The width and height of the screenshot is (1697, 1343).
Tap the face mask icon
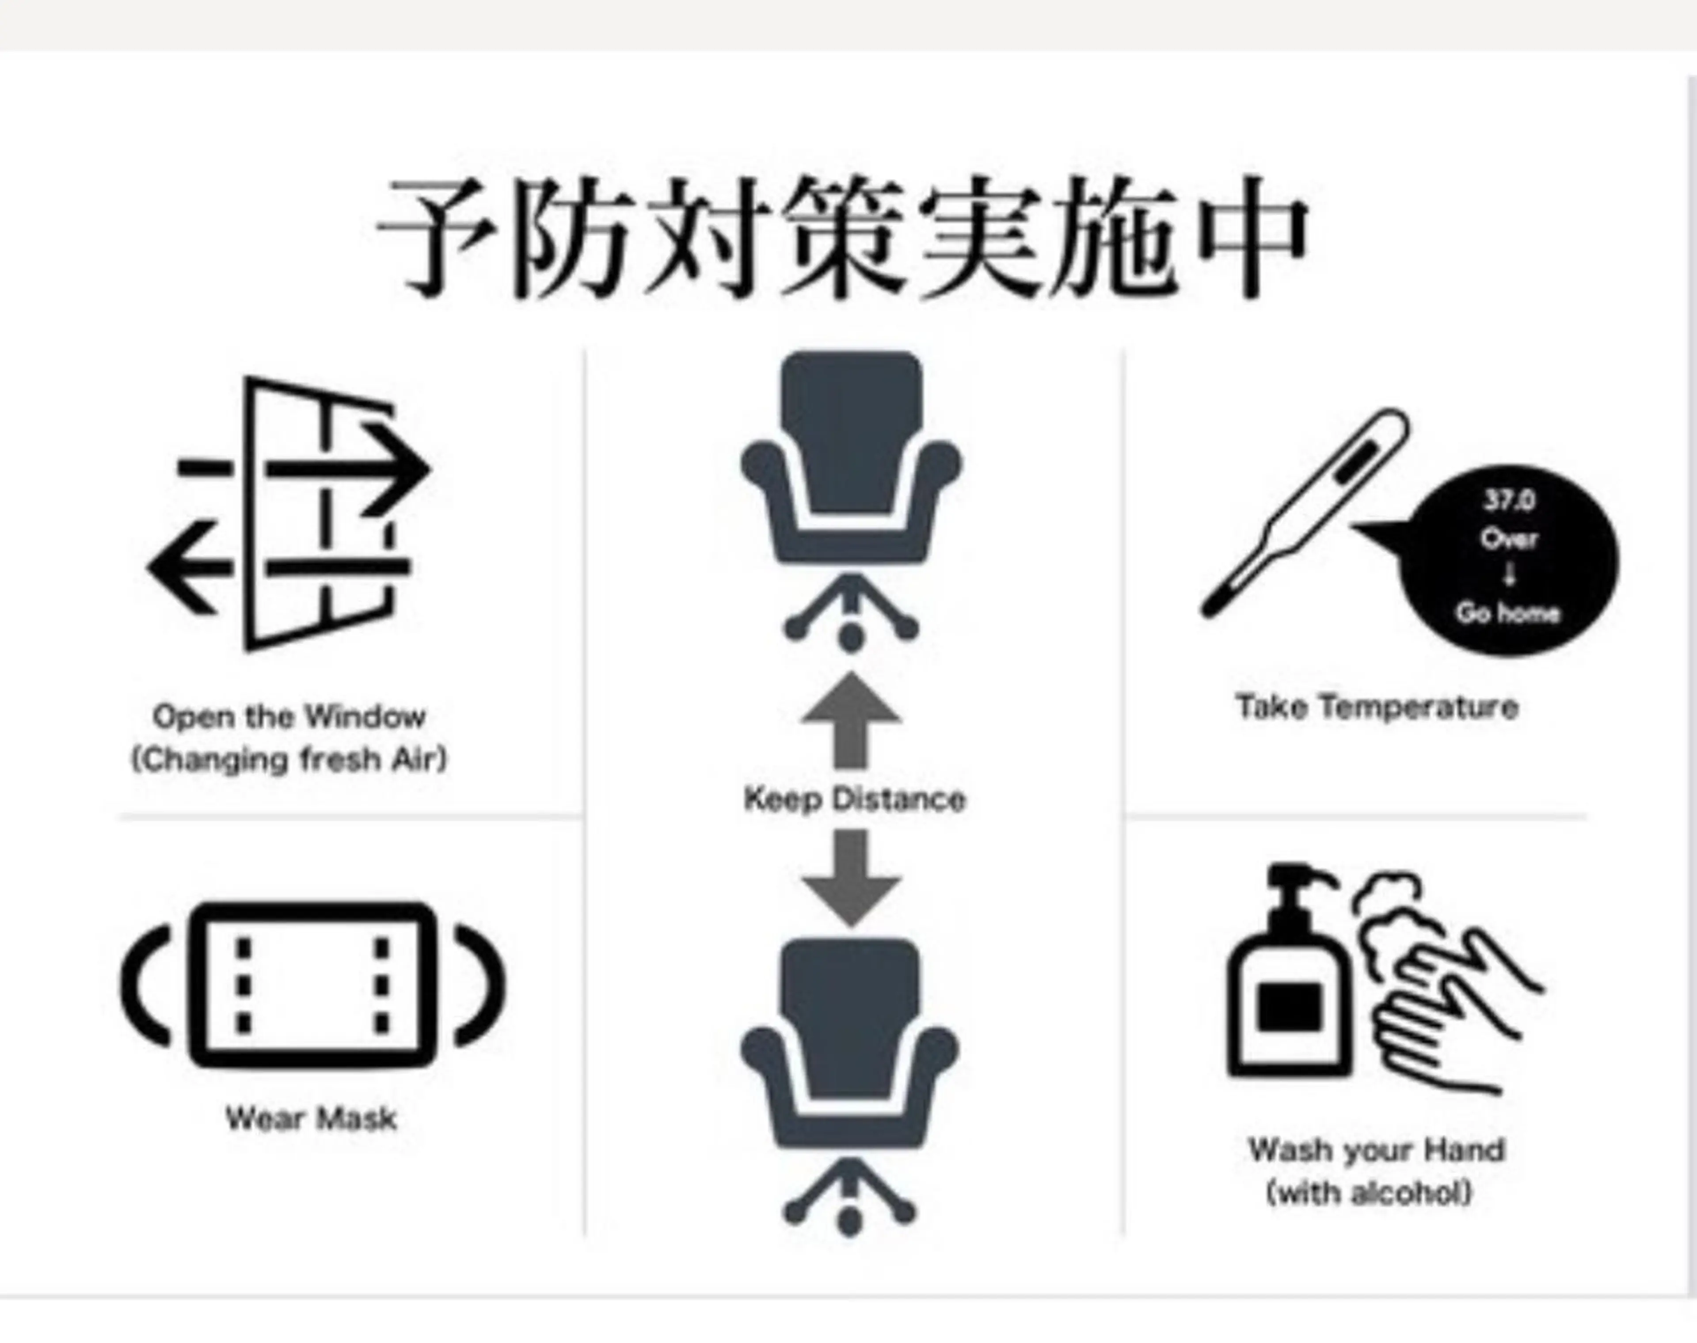313,985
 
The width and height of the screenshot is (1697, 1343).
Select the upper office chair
851,501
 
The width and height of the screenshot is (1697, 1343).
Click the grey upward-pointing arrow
851,719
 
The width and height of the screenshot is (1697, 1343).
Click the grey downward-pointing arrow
851,878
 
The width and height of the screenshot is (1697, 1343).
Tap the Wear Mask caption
312,1118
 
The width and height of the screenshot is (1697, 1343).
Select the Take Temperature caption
1377,707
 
